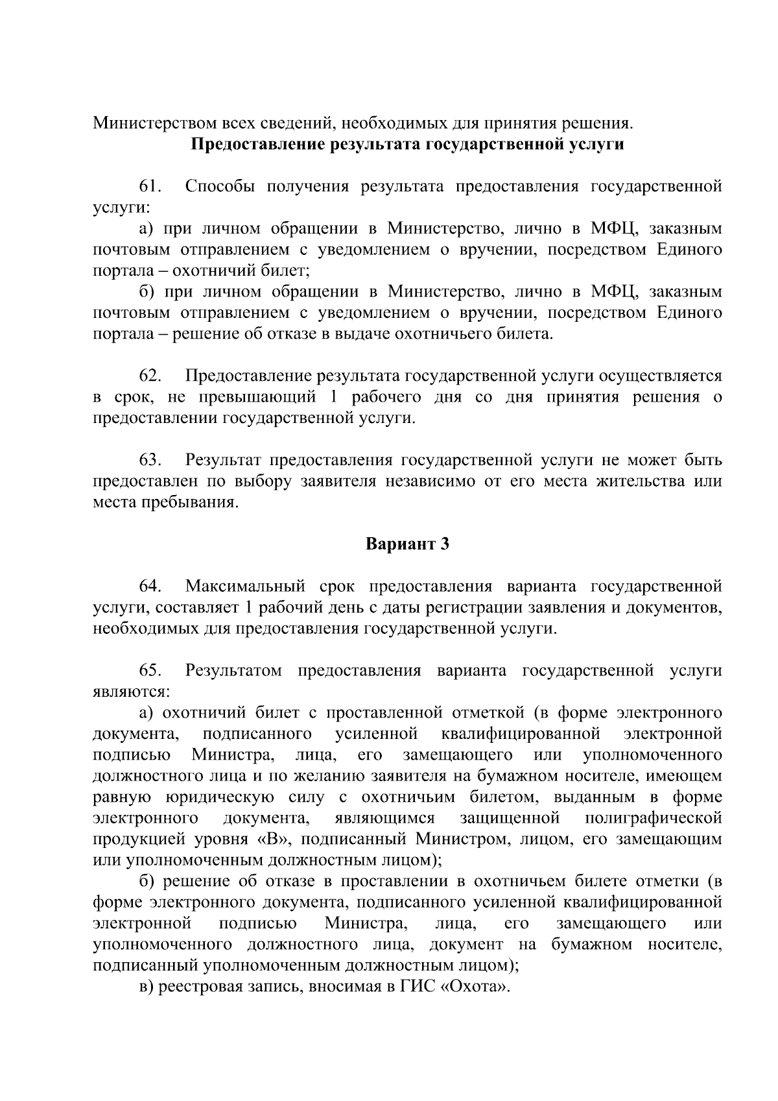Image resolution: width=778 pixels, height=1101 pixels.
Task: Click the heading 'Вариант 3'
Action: (407, 544)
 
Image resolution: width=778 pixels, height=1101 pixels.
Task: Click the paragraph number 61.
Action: (150, 186)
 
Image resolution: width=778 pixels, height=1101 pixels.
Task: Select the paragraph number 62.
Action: (150, 376)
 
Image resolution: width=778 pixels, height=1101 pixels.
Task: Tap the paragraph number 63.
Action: (150, 460)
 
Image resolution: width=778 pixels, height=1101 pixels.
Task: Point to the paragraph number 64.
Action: (150, 586)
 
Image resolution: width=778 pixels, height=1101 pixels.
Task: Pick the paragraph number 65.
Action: (150, 670)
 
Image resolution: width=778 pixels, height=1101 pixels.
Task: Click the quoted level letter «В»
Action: (272, 839)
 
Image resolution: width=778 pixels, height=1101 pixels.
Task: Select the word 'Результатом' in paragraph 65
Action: (233, 670)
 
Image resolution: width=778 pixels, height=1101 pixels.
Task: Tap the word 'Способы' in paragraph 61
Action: (217, 186)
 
